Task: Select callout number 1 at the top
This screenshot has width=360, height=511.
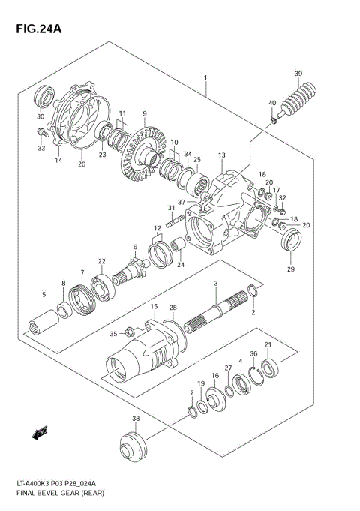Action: [x=204, y=77]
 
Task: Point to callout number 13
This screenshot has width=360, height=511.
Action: [x=221, y=155]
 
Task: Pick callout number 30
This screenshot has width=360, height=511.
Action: [x=40, y=116]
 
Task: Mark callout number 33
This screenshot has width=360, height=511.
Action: [x=40, y=148]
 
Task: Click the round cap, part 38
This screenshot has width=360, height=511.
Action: [x=135, y=445]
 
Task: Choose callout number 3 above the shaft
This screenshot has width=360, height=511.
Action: [x=215, y=283]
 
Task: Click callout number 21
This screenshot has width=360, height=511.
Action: [x=268, y=344]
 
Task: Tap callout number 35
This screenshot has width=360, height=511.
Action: [x=114, y=334]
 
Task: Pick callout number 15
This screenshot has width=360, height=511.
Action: [x=153, y=307]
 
